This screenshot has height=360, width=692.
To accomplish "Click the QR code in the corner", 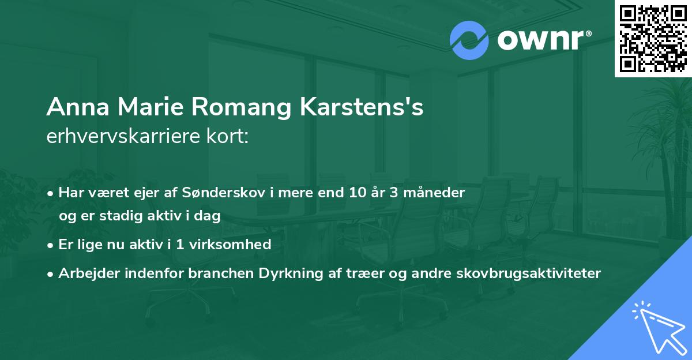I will pos(653,38).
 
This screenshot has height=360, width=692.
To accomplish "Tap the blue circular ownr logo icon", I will pos(469,41).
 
